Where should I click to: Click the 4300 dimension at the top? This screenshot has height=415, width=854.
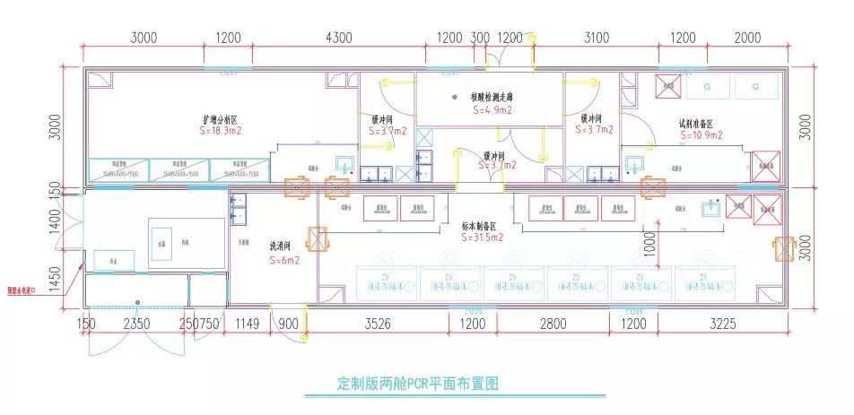click(x=339, y=38)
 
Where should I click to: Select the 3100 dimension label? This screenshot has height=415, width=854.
click(x=597, y=38)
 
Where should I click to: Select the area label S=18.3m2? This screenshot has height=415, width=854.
click(x=220, y=131)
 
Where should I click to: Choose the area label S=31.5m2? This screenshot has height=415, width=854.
click(x=484, y=238)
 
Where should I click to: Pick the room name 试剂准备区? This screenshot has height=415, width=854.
click(x=696, y=124)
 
